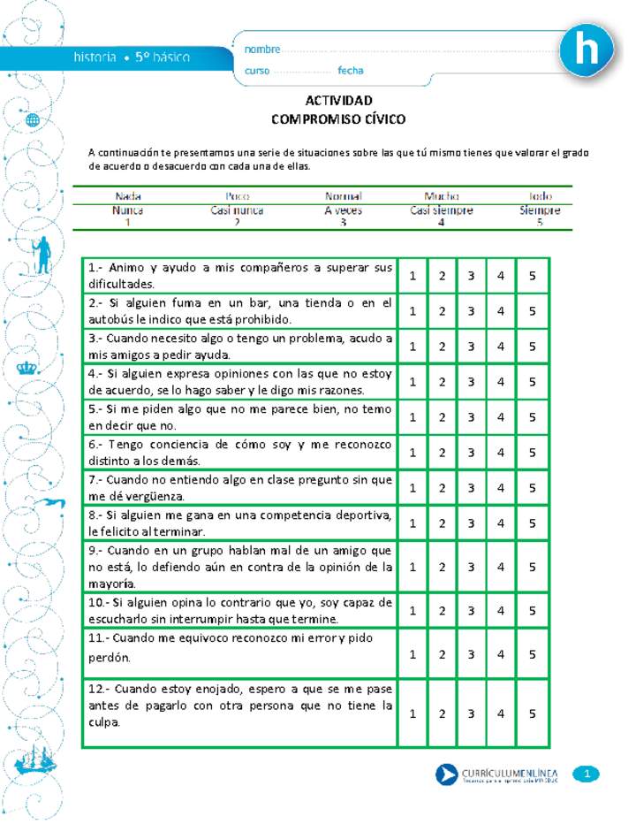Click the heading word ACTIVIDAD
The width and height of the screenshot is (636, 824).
click(338, 100)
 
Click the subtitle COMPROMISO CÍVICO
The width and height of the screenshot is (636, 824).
click(338, 118)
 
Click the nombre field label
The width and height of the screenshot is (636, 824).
click(262, 50)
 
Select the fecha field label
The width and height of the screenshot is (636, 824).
click(350, 71)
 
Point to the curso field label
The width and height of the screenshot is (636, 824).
click(257, 71)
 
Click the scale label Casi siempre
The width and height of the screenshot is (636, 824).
click(441, 210)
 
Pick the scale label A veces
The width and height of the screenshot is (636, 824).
click(343, 210)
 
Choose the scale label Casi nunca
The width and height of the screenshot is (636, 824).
click(237, 210)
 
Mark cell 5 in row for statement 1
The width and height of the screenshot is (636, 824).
click(532, 276)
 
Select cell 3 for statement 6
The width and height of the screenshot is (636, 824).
click(471, 453)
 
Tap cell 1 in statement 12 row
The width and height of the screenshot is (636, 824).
click(413, 713)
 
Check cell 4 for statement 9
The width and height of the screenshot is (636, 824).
click(501, 567)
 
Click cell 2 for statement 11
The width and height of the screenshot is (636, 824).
click(441, 654)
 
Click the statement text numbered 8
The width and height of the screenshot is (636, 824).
click(239, 523)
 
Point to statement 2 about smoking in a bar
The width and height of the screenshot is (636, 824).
click(239, 310)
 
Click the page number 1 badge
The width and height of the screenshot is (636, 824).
click(587, 774)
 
